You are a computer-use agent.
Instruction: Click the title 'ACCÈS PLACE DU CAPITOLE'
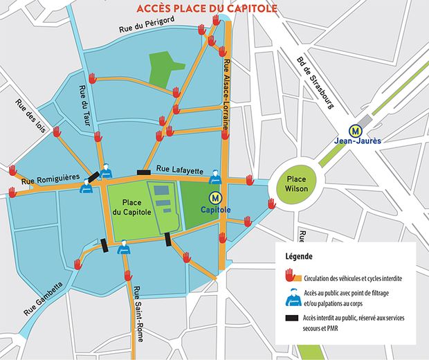click(207, 9)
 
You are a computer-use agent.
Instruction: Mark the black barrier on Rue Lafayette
click(144, 172)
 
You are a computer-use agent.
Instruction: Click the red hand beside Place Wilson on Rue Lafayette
click(249, 180)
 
